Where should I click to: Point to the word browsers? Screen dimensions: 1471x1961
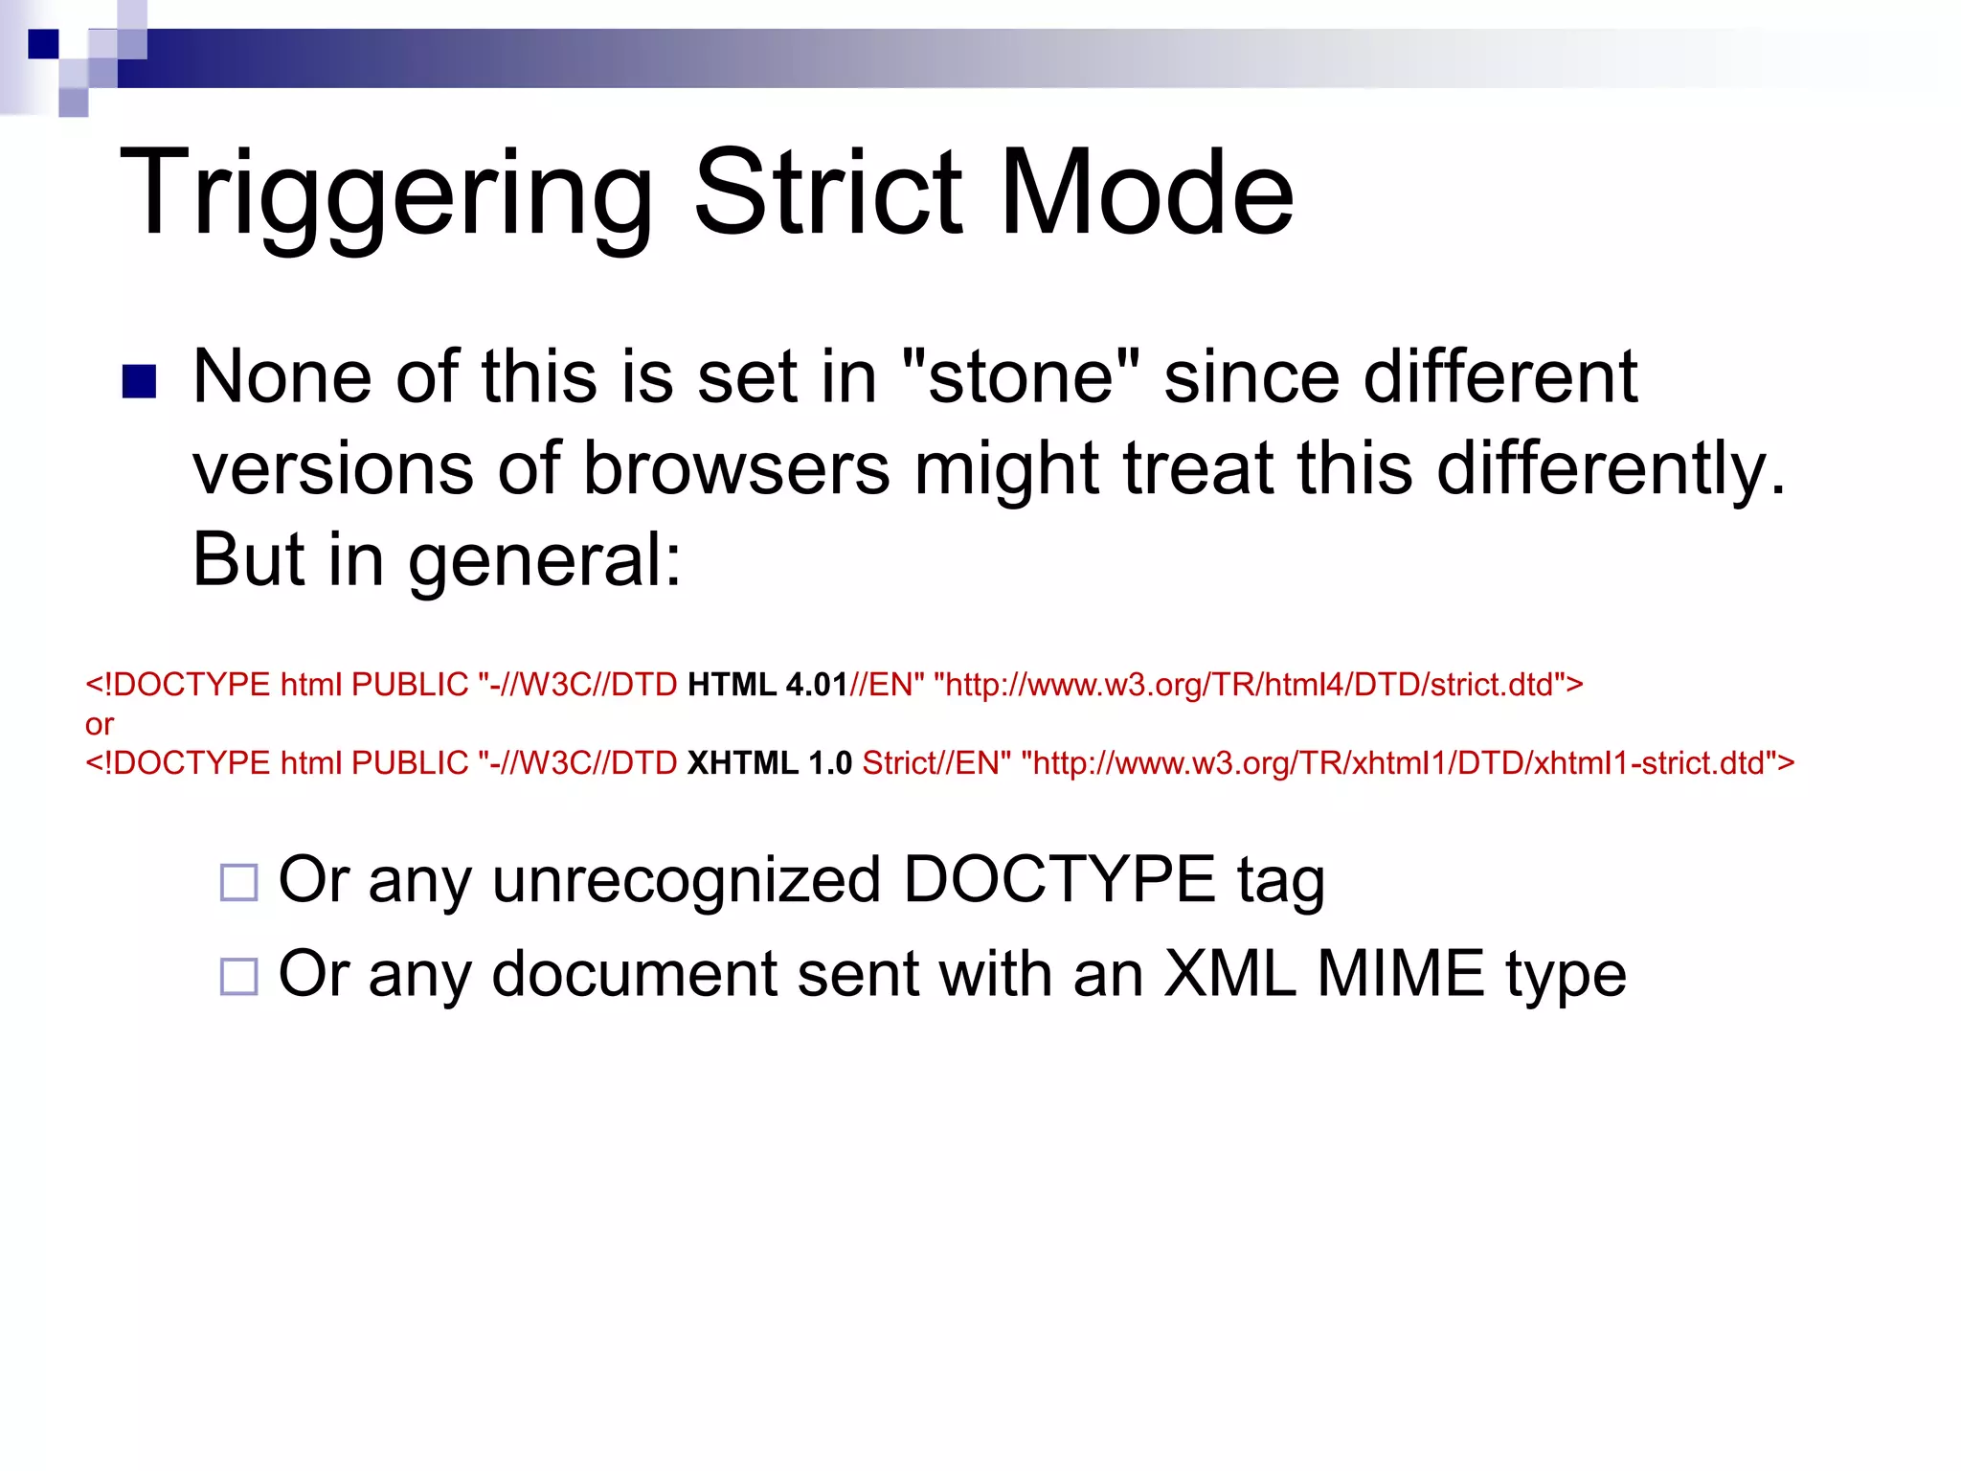pyautogui.click(x=736, y=468)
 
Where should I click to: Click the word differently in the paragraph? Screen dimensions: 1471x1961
pyautogui.click(x=1609, y=468)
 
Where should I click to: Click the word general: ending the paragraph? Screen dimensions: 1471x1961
pyautogui.click(x=545, y=561)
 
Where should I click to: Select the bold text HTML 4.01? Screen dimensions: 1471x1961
pyautogui.click(x=767, y=685)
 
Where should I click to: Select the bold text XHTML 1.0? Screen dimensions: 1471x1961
pyautogui.click(x=769, y=763)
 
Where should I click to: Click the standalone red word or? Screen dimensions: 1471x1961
pyautogui.click(x=99, y=724)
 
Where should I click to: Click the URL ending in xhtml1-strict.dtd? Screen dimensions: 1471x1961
pyautogui.click(x=1407, y=763)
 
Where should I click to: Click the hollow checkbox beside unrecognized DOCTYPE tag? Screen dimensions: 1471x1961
pyautogui.click(x=238, y=882)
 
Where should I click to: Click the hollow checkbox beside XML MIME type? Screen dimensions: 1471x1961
pyautogui.click(x=238, y=976)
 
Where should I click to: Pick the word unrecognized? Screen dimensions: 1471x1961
pyautogui.click(x=686, y=880)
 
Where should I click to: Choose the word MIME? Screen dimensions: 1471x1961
pyautogui.click(x=1400, y=974)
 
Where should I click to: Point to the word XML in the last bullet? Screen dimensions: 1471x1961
pyautogui.click(x=1229, y=974)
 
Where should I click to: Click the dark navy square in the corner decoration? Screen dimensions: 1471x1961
pyautogui.click(x=43, y=44)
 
